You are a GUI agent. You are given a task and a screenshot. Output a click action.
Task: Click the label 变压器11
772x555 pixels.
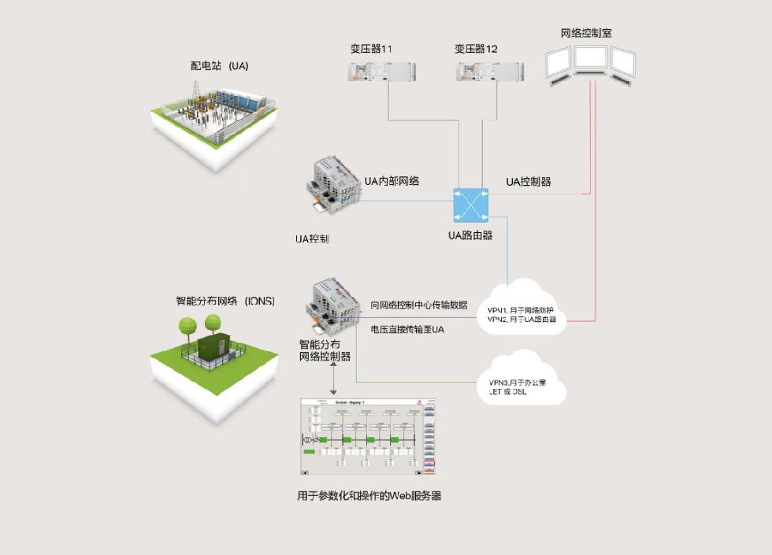tap(372, 49)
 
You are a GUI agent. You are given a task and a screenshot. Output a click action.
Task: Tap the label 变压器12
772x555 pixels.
tap(476, 49)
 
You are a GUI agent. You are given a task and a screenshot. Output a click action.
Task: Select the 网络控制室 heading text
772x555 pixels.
tap(586, 33)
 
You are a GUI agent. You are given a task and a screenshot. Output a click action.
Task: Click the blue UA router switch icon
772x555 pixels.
tap(471, 205)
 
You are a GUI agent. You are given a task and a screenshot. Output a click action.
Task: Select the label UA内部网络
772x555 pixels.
tap(392, 181)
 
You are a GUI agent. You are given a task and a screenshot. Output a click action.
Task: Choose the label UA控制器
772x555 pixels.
tap(528, 182)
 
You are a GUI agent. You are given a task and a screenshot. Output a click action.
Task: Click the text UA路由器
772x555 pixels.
tap(470, 235)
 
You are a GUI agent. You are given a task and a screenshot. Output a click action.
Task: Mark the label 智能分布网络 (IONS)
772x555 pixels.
tap(225, 301)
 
